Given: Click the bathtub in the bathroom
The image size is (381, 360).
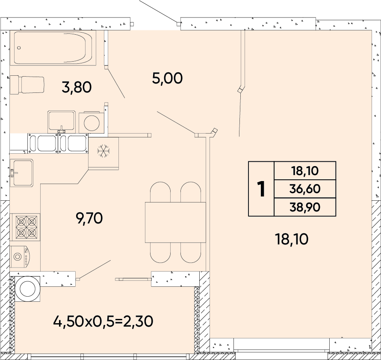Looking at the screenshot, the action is click(53, 48).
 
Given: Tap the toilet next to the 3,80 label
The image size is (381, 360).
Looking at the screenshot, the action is click(27, 85).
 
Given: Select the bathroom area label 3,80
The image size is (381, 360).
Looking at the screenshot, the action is click(77, 87).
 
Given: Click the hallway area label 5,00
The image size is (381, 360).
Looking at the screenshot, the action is click(167, 78).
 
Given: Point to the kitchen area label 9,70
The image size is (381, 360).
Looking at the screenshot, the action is click(89, 218).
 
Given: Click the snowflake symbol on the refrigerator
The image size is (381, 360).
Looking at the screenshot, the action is click(103, 151).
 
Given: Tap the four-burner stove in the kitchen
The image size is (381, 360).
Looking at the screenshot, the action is click(25, 227).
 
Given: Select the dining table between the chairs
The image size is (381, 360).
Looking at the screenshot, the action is click(175, 222).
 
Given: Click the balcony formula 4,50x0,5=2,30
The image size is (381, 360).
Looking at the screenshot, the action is click(103, 321).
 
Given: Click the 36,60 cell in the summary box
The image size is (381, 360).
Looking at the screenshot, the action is click(305, 189).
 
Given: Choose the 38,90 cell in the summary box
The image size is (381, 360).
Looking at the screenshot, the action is click(305, 207).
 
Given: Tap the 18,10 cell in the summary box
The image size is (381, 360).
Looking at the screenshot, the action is click(305, 171).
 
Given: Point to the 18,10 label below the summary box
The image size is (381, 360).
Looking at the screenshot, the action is click(292, 239).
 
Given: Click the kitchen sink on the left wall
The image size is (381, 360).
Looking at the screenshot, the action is click(21, 173).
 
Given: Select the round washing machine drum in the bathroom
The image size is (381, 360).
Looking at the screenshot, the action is click(92, 123).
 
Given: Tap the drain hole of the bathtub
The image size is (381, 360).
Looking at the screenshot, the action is click(19, 48).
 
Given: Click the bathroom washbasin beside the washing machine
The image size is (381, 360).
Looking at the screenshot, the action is click(62, 121).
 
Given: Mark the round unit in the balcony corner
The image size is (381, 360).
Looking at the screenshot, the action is click(27, 289).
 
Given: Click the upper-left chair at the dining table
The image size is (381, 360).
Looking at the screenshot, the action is click(160, 192).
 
